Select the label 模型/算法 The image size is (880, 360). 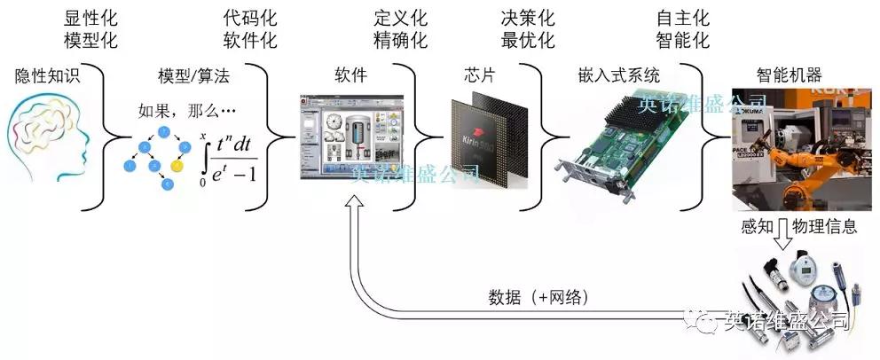(x=192, y=76)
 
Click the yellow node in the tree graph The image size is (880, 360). (x=177, y=164)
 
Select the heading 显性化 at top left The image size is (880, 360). (x=90, y=19)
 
